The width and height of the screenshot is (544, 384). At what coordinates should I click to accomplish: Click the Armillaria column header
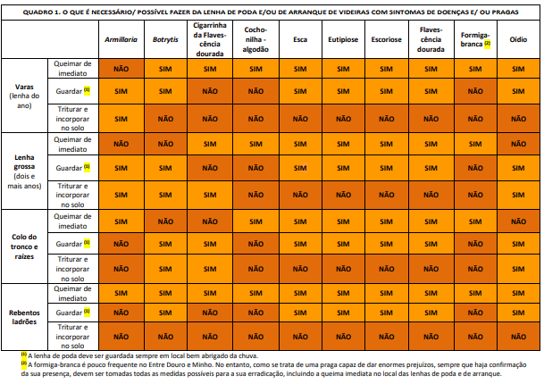tap(121, 39)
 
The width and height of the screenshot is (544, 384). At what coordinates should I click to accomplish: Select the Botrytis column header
tap(165, 39)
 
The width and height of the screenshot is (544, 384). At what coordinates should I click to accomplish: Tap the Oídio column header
tap(518, 39)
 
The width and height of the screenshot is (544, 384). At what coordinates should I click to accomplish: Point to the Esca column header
tap(300, 39)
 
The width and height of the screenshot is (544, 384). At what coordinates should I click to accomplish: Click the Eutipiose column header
tap(343, 39)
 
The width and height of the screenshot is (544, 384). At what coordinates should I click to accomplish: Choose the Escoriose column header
tap(386, 39)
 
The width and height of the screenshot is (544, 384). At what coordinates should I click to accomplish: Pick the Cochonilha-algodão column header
tap(255, 39)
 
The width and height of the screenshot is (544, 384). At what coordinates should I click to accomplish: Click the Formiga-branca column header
tap(475, 39)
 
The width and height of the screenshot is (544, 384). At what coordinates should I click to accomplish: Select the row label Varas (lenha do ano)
tap(24, 96)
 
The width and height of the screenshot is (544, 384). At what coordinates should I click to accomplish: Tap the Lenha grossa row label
tap(24, 171)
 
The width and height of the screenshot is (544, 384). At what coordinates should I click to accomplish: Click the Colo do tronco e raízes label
tap(24, 246)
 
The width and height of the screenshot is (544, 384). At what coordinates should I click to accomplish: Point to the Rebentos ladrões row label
tap(24, 317)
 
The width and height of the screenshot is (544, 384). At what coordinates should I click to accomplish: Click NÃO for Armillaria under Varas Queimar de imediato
tap(121, 69)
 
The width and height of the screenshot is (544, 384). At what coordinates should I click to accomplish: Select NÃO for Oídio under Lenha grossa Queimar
tap(518, 144)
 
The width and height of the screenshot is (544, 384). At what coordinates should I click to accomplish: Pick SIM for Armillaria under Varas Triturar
tap(121, 119)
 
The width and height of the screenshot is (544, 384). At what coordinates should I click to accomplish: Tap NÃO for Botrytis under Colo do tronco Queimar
tap(165, 221)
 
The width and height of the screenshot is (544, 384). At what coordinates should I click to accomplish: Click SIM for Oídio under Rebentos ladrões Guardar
tap(518, 313)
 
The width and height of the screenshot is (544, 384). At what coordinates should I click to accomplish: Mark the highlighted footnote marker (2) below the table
tap(24, 363)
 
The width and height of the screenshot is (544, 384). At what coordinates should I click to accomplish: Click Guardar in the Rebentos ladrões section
tap(69, 313)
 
